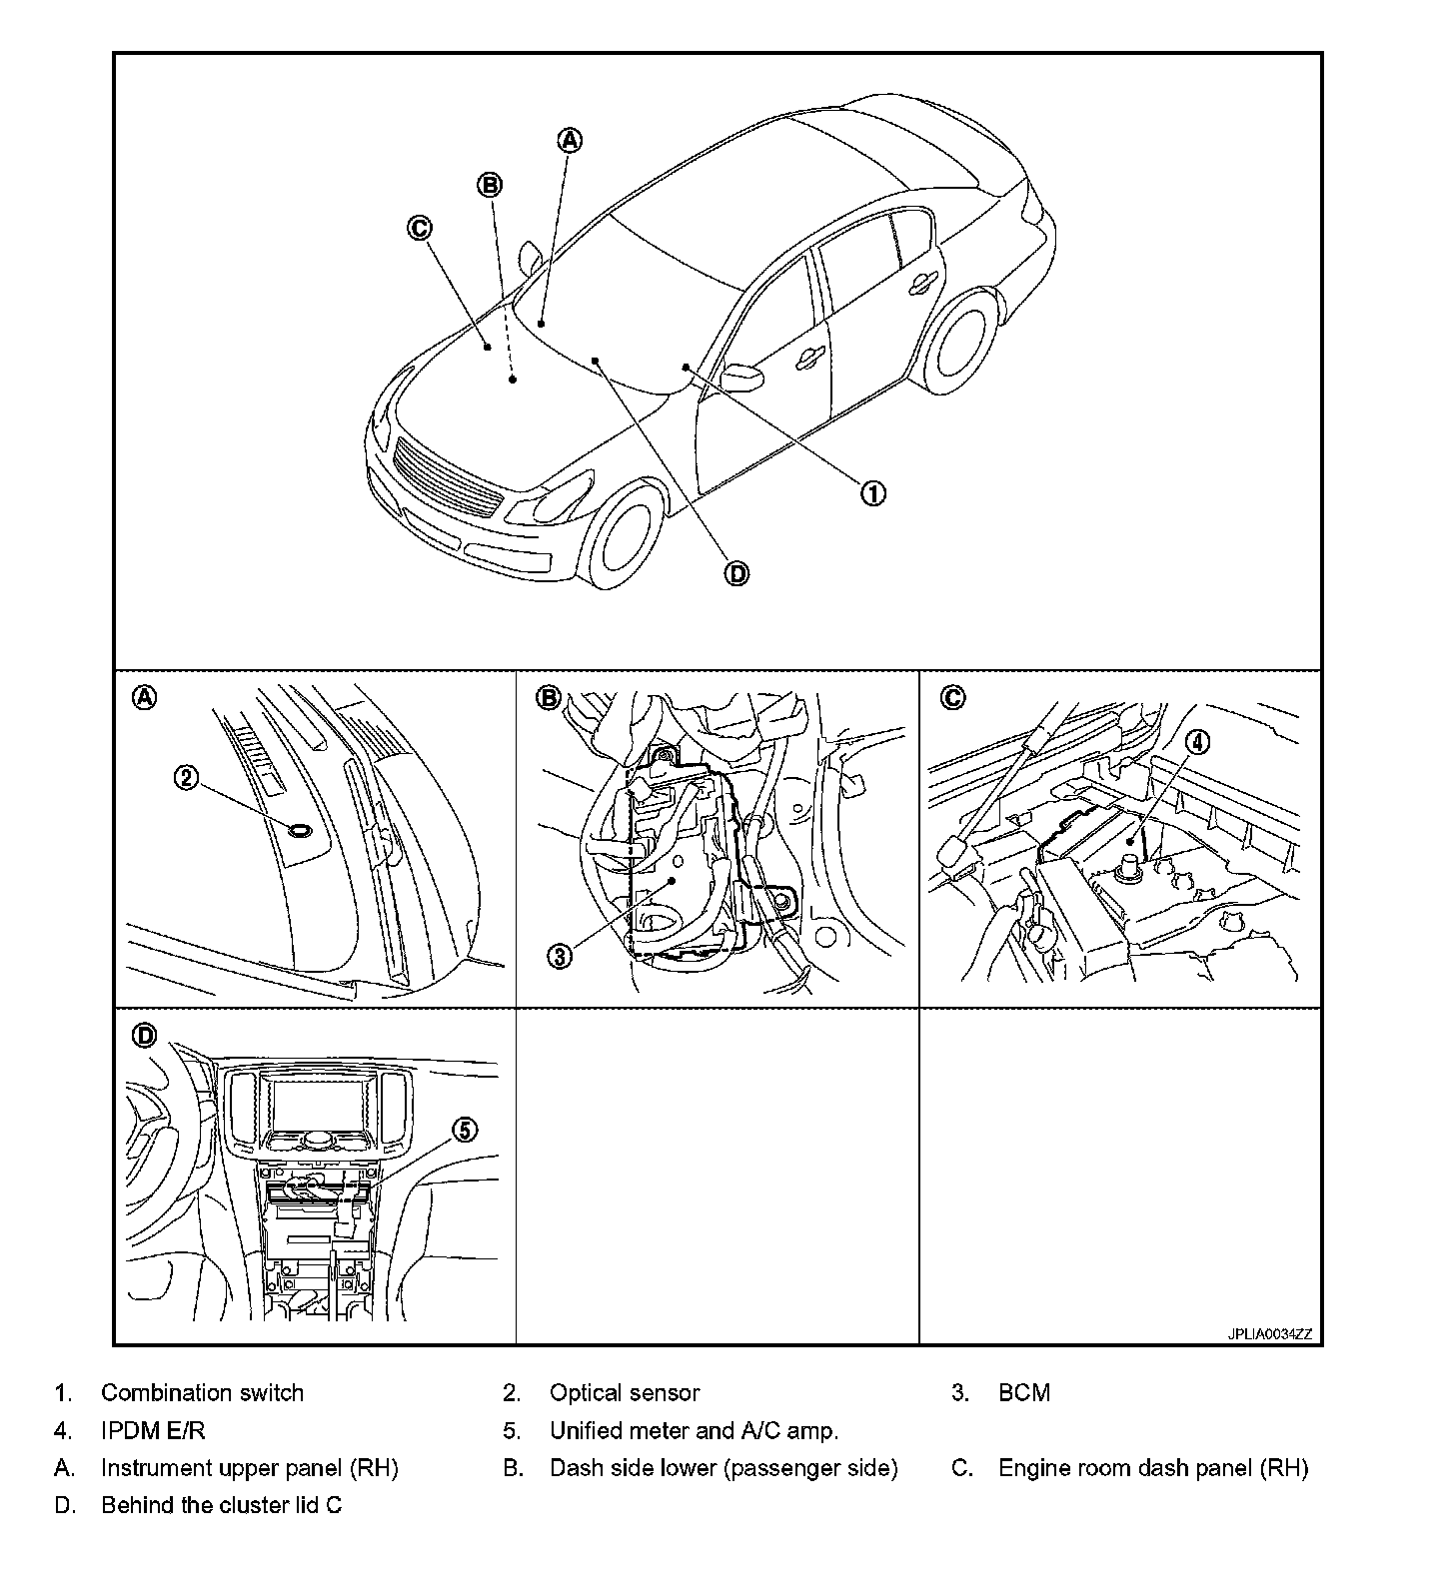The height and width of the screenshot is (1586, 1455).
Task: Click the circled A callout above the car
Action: click(569, 140)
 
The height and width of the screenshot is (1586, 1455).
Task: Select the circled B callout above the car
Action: click(490, 185)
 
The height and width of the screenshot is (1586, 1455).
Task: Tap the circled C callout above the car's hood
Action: click(419, 228)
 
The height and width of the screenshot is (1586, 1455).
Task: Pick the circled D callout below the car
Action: click(736, 573)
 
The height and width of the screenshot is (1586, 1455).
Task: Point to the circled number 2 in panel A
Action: click(187, 777)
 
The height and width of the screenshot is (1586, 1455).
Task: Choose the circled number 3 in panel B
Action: click(560, 956)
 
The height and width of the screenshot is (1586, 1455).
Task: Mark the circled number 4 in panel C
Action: click(1197, 742)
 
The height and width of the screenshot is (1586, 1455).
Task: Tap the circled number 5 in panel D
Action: click(466, 1130)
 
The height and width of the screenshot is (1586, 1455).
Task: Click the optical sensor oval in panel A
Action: click(299, 829)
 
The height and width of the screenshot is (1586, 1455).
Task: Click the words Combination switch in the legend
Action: click(202, 1393)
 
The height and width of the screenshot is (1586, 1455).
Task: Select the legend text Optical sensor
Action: click(625, 1393)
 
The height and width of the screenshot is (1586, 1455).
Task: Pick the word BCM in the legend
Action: click(1024, 1393)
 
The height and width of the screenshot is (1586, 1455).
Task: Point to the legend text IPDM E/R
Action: click(153, 1431)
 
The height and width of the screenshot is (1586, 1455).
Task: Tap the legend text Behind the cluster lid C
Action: click(221, 1505)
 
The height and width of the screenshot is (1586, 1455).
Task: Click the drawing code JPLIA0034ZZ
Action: click(1270, 1334)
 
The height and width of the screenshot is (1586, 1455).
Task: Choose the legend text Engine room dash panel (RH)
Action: click(1153, 1468)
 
